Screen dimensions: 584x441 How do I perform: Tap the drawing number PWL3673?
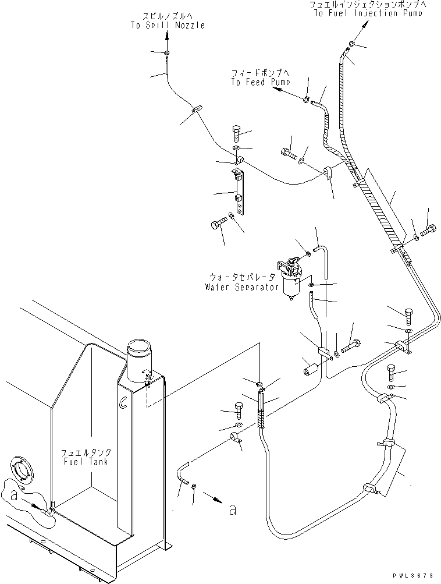coord(413,576)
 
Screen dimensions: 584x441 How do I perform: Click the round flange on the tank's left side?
coord(19,471)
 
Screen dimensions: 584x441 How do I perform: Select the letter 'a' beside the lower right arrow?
coord(233,509)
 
